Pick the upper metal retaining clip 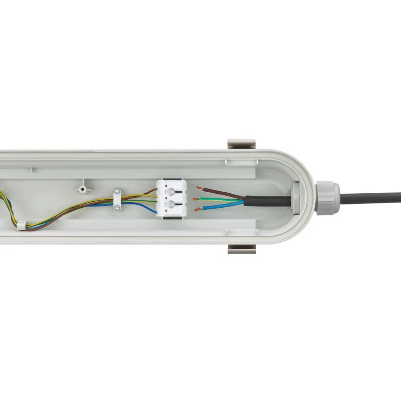(x=241, y=144)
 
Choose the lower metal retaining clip (x=241, y=249)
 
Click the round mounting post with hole (x=82, y=188)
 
